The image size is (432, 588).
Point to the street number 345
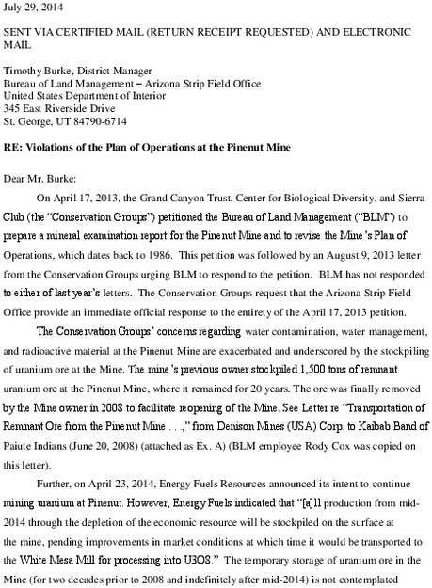14,106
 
